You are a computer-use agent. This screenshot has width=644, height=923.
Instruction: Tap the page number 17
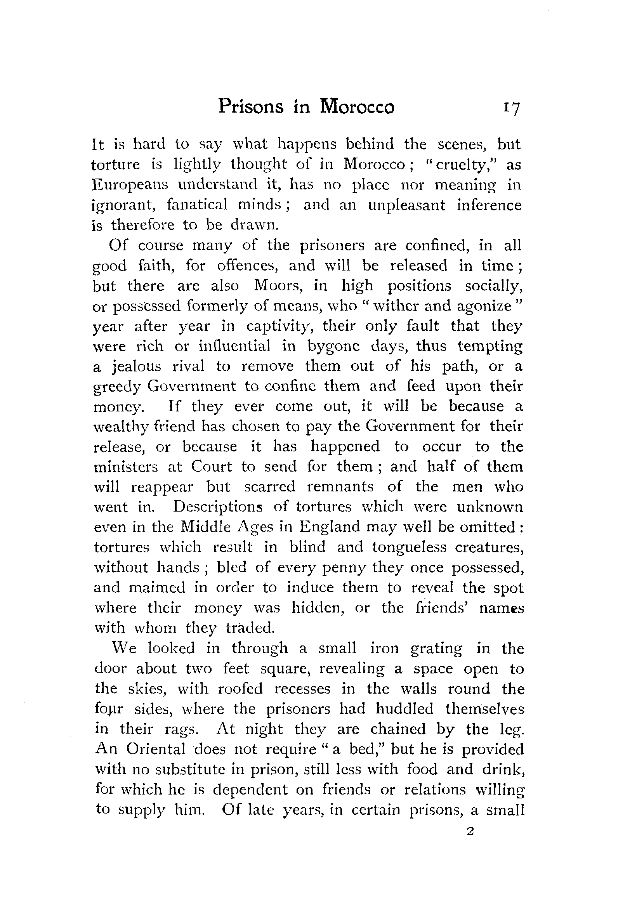[x=510, y=108]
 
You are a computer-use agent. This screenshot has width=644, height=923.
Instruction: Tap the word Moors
[x=276, y=286]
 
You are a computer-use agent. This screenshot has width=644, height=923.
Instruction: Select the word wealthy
[x=121, y=427]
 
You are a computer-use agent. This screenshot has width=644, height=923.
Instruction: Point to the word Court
[x=212, y=467]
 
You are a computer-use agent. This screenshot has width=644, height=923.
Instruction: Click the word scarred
[x=269, y=487]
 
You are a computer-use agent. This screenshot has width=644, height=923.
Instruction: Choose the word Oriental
[x=156, y=750]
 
